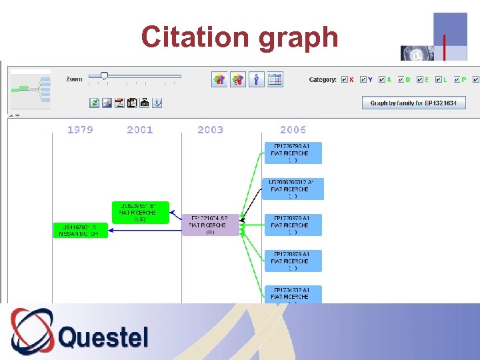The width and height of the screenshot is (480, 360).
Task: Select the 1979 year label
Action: pyautogui.click(x=80, y=130)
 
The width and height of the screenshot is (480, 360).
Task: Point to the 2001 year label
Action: pyautogui.click(x=140, y=130)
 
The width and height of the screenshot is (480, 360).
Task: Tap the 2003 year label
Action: pyautogui.click(x=211, y=130)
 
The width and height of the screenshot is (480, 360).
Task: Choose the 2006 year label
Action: pyautogui.click(x=293, y=130)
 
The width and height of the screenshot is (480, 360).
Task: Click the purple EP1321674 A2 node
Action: pyautogui.click(x=210, y=225)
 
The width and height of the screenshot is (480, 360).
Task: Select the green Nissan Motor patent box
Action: pyautogui.click(x=80, y=230)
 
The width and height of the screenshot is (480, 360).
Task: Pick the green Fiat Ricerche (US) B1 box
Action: pyautogui.click(x=140, y=212)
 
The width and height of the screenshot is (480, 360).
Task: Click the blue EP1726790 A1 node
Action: pyautogui.click(x=293, y=153)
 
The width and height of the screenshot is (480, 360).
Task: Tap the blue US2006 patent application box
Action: pyautogui.click(x=293, y=189)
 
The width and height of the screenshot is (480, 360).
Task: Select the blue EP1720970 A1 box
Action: pyautogui.click(x=293, y=225)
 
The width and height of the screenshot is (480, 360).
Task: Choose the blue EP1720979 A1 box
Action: pyautogui.click(x=293, y=261)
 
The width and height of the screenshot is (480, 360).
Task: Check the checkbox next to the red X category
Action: pyautogui.click(x=344, y=80)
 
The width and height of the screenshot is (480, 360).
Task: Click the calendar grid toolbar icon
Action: pyautogui.click(x=275, y=80)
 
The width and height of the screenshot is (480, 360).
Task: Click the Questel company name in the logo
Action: pyautogui.click(x=103, y=337)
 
